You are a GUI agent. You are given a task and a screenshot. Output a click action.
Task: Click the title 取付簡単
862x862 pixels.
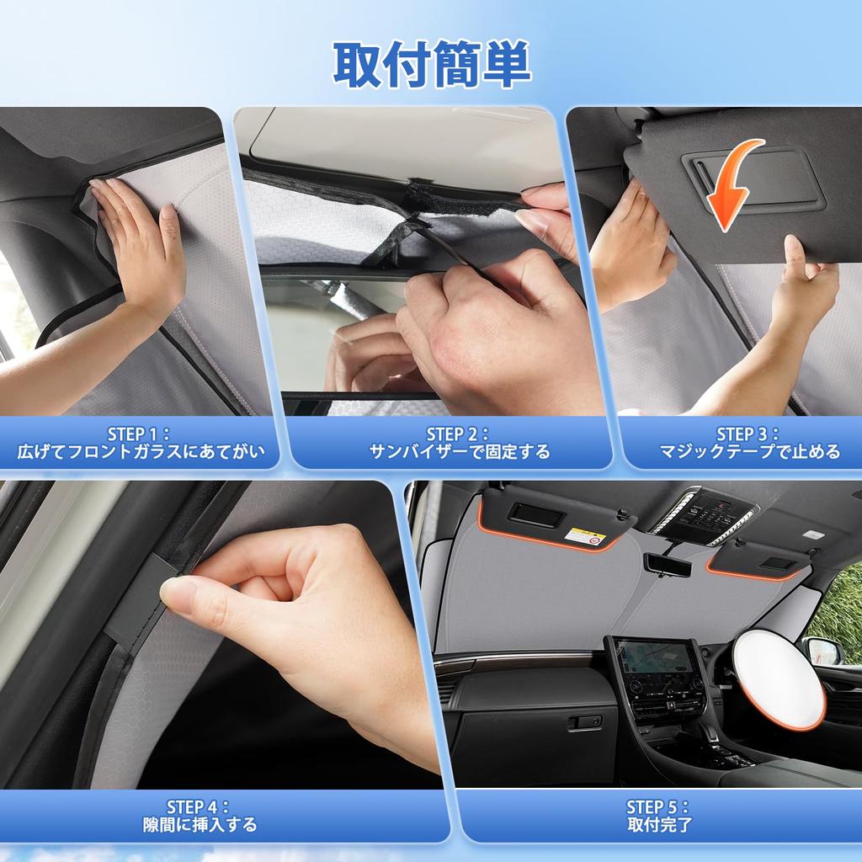pyautogui.click(x=432, y=64)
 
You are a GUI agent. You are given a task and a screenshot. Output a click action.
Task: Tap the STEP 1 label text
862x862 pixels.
pyautogui.click(x=139, y=434)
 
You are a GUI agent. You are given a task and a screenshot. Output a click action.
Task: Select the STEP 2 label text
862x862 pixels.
pyautogui.click(x=457, y=434)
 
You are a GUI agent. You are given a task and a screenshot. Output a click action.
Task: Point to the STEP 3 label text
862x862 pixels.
pyautogui.click(x=748, y=434)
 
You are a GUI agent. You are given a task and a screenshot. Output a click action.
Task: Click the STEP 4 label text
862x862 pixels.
pyautogui.click(x=198, y=807)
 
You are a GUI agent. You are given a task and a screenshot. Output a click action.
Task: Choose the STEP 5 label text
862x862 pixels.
pyautogui.click(x=657, y=807)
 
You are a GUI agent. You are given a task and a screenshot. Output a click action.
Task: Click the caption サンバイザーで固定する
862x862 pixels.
pyautogui.click(x=459, y=451)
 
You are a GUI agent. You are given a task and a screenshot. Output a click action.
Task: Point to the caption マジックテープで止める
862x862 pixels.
pyautogui.click(x=750, y=451)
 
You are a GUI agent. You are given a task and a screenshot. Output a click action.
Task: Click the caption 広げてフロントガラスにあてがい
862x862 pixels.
pyautogui.click(x=141, y=451)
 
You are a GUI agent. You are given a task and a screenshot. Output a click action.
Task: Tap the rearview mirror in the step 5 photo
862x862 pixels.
pyautogui.click(x=667, y=564)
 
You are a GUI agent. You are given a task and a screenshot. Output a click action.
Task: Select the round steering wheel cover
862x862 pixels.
pyautogui.click(x=779, y=678)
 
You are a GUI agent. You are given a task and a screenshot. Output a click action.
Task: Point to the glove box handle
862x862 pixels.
pyautogui.click(x=585, y=721)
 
